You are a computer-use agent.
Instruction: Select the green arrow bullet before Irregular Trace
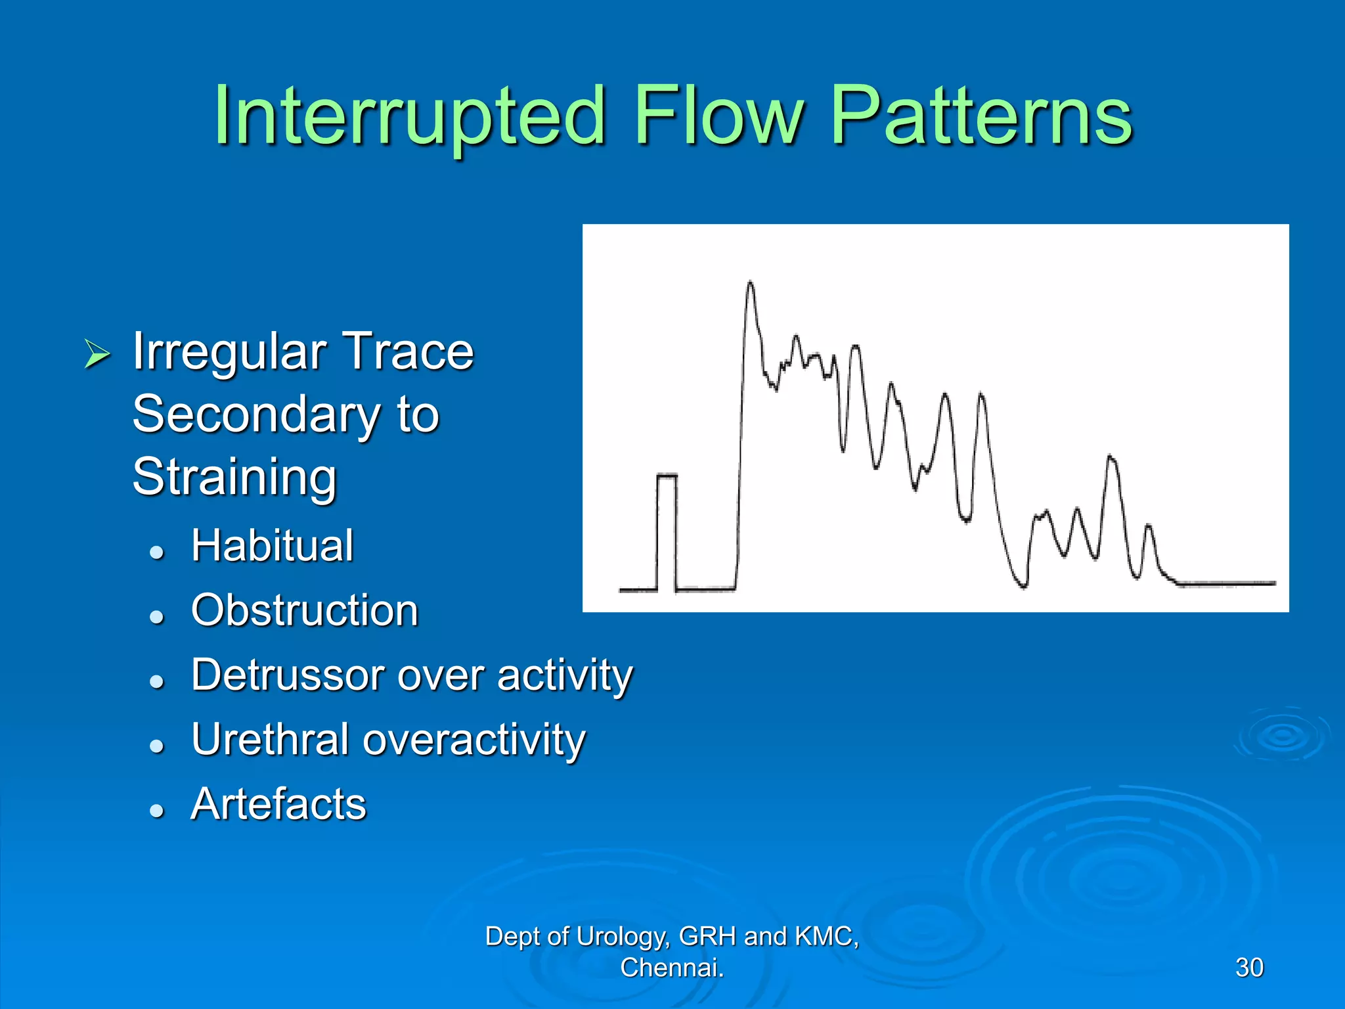[97, 354]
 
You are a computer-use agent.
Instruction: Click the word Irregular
[229, 353]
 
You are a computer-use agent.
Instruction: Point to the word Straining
[234, 477]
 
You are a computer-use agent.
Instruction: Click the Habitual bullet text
[272, 546]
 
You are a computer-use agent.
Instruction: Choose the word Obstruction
[304, 610]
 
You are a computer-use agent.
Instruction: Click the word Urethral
[270, 740]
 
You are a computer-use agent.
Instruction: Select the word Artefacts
[278, 804]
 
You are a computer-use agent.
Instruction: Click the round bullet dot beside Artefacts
[156, 810]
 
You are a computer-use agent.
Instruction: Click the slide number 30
[1249, 968]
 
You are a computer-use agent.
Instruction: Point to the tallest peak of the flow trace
[750, 283]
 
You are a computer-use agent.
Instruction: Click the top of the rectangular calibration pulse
[667, 475]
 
